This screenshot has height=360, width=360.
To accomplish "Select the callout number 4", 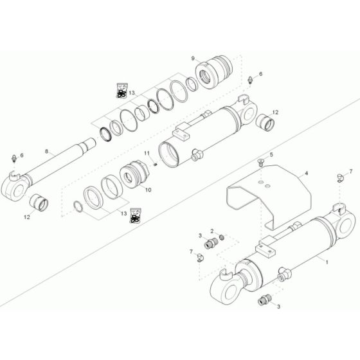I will point(306,174).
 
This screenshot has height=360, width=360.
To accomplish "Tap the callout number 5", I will point(271,156).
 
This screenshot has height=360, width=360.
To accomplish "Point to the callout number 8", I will point(46,152).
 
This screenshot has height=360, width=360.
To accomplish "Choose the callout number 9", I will point(192,59).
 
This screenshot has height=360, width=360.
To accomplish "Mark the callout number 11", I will point(146,152).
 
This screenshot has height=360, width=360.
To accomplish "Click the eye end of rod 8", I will point(17,179).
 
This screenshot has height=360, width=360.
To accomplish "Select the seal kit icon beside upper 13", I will point(120,91).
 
